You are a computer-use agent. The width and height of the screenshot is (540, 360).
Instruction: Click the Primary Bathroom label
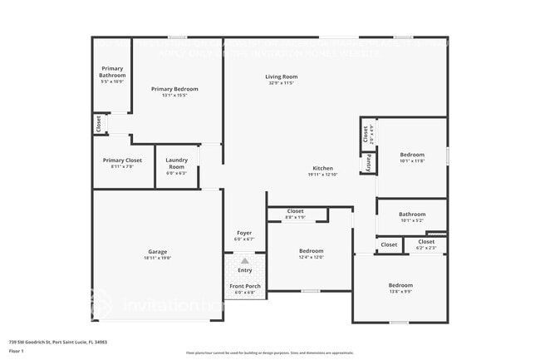(112, 72)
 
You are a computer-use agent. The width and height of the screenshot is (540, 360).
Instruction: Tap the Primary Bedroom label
(174, 88)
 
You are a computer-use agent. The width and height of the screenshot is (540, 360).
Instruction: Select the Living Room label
(282, 76)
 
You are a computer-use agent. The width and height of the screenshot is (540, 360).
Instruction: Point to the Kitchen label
(323, 168)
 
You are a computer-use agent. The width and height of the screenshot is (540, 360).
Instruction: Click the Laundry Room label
(176, 162)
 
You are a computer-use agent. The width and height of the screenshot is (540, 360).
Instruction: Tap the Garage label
(158, 251)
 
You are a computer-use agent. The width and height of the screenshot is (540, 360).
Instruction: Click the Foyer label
(244, 233)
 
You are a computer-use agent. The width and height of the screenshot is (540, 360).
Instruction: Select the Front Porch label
(244, 286)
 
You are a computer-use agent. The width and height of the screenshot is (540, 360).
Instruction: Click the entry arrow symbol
(245, 261)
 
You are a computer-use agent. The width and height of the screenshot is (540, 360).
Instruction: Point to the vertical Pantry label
(366, 163)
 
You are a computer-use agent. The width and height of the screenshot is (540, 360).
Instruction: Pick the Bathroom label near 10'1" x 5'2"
(411, 214)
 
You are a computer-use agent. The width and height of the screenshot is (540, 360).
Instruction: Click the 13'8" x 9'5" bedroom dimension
(400, 291)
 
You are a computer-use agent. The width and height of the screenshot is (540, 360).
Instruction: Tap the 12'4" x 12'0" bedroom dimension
(311, 257)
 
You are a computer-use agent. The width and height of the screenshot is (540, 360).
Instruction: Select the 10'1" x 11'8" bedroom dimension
(412, 160)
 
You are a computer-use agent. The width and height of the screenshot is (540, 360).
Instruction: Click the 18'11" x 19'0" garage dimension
(158, 258)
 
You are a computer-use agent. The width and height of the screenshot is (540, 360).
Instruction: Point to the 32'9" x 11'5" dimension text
(282, 82)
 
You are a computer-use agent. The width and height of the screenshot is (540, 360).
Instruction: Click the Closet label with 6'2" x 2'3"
(426, 242)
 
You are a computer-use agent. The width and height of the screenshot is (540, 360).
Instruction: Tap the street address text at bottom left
(57, 342)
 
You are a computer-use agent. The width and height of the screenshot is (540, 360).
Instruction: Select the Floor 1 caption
(17, 351)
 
